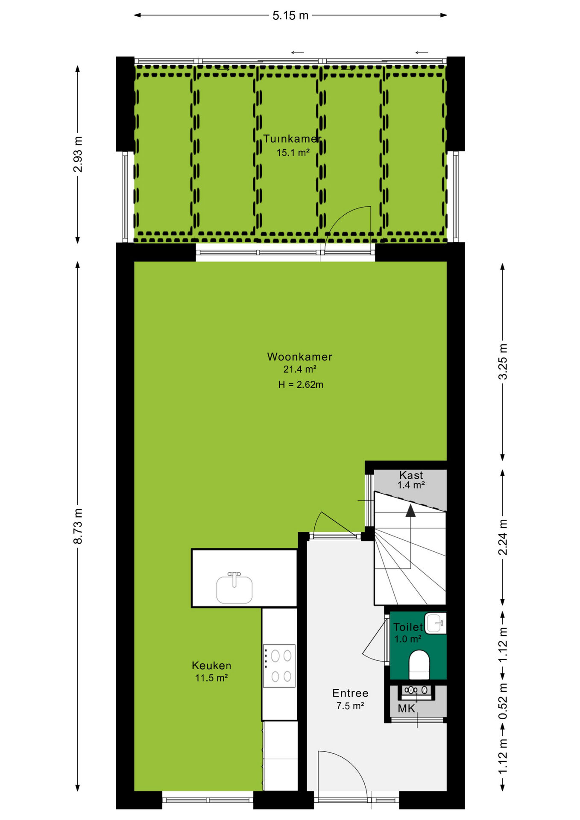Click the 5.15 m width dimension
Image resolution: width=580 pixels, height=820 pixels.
290,15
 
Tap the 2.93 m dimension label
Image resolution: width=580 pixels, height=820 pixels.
78,154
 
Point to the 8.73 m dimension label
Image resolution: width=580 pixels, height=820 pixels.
78,526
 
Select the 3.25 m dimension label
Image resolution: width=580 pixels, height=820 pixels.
503,361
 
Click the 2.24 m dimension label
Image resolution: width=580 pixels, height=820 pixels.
503,537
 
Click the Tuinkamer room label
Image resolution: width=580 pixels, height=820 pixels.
292,139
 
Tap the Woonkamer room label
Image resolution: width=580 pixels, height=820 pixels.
299,357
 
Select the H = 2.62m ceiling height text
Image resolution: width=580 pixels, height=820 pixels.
301,384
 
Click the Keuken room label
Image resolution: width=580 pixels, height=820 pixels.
211,665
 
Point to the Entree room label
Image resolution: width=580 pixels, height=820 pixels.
350,693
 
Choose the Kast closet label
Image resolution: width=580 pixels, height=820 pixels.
411,475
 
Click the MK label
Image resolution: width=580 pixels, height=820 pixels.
406,709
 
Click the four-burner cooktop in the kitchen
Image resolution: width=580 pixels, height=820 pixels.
279,665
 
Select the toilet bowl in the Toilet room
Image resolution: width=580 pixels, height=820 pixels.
419,665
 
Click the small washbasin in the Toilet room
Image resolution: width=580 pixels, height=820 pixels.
436,623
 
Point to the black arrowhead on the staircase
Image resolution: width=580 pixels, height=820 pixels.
410,511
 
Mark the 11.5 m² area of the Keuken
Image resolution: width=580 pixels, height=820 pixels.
211,678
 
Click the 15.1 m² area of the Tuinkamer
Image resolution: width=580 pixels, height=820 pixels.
293,152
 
